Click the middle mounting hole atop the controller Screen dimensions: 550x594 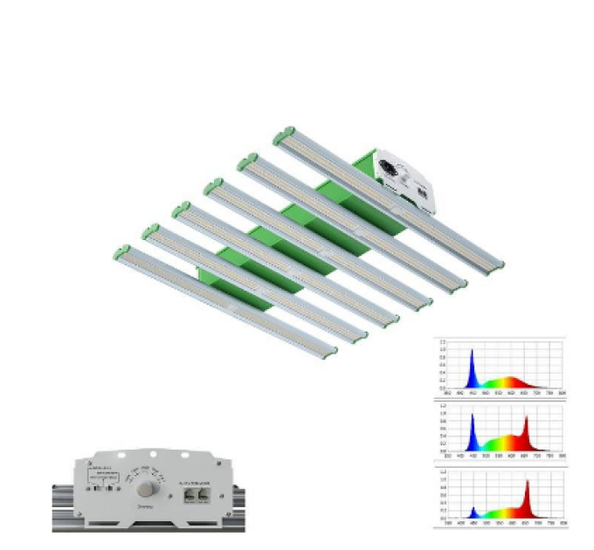(x=152, y=454)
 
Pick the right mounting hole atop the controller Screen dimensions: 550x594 (x=185, y=456)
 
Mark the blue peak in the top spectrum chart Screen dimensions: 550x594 (x=473, y=354)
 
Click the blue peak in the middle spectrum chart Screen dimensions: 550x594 (x=473, y=419)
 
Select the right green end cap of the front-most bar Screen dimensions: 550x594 (x=329, y=353)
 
